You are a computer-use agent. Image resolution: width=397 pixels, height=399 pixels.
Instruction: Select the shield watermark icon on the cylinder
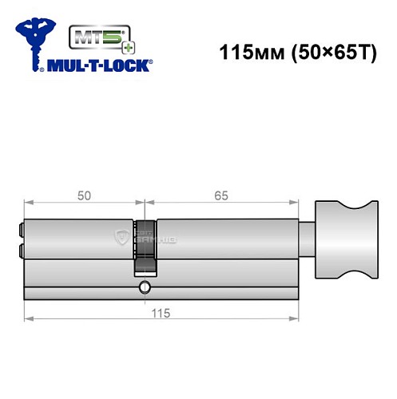point(122,236)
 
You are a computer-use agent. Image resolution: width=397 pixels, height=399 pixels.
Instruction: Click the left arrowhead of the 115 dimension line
point(26,320)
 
